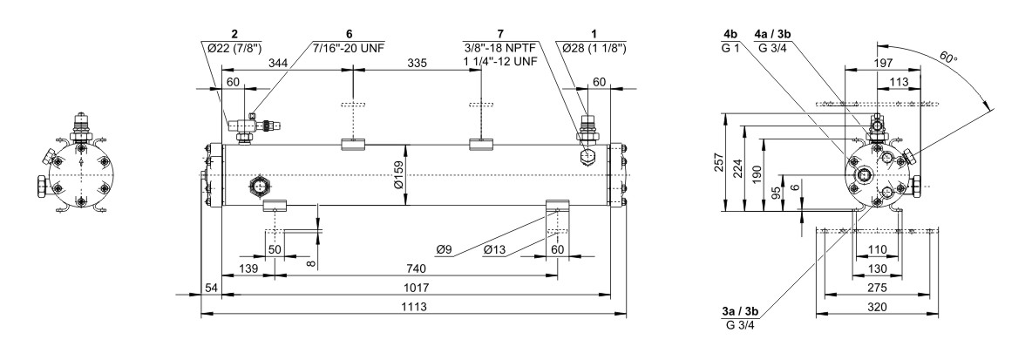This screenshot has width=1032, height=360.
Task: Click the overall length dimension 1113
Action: tap(412, 308)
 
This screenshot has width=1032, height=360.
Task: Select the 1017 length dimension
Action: tap(412, 288)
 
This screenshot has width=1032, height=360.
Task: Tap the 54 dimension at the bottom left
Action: tap(209, 288)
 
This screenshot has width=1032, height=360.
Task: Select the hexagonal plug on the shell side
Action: tap(258, 185)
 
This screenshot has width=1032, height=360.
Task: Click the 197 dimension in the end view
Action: tap(886, 64)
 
